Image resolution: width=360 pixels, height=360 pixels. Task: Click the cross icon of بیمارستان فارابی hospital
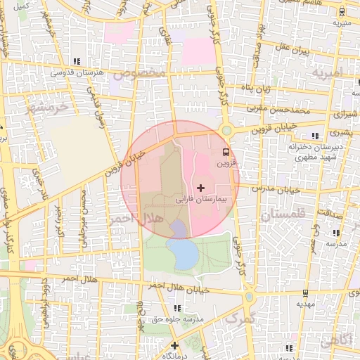coord(202,188)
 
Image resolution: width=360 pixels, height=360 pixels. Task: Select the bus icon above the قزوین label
coord(226,151)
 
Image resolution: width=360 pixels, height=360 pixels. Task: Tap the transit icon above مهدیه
coord(305,293)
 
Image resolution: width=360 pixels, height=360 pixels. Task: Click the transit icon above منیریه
coord(342,12)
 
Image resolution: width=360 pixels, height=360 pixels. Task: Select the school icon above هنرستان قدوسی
coord(77,61)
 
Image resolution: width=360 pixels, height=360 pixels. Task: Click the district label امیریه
coord(327,72)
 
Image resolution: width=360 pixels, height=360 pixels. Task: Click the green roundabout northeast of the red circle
coord(226,130)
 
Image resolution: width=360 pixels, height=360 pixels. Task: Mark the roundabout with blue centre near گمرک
coord(250,297)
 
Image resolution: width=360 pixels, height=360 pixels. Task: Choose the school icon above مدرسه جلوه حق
coord(179,308)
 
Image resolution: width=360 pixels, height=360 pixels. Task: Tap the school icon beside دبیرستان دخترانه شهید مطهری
coord(315,135)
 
